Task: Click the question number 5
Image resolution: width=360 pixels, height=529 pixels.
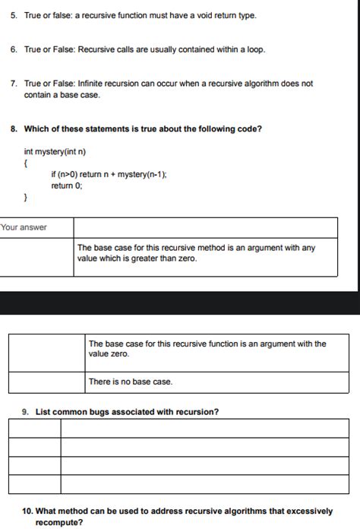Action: [13, 15]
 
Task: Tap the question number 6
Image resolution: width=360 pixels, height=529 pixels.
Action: [13, 49]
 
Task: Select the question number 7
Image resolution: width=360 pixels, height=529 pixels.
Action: [13, 84]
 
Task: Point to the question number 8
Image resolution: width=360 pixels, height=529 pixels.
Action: [14, 128]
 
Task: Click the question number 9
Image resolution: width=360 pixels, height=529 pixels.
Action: [25, 412]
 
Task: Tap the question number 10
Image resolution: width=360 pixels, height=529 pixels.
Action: [27, 512]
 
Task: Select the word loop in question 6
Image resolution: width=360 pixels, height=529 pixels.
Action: [254, 49]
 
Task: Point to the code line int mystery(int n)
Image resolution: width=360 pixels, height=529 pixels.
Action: [55, 151]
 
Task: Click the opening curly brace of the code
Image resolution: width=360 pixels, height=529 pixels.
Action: [26, 163]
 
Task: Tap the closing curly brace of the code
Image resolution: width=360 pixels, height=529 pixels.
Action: [26, 198]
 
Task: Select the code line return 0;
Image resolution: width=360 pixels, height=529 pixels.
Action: [67, 185]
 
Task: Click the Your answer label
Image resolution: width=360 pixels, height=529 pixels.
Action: [24, 227]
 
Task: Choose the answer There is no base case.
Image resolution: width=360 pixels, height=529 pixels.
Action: [131, 382]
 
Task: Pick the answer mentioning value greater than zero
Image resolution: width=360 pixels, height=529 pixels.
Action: [196, 253]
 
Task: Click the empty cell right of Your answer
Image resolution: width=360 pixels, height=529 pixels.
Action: [205, 227]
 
